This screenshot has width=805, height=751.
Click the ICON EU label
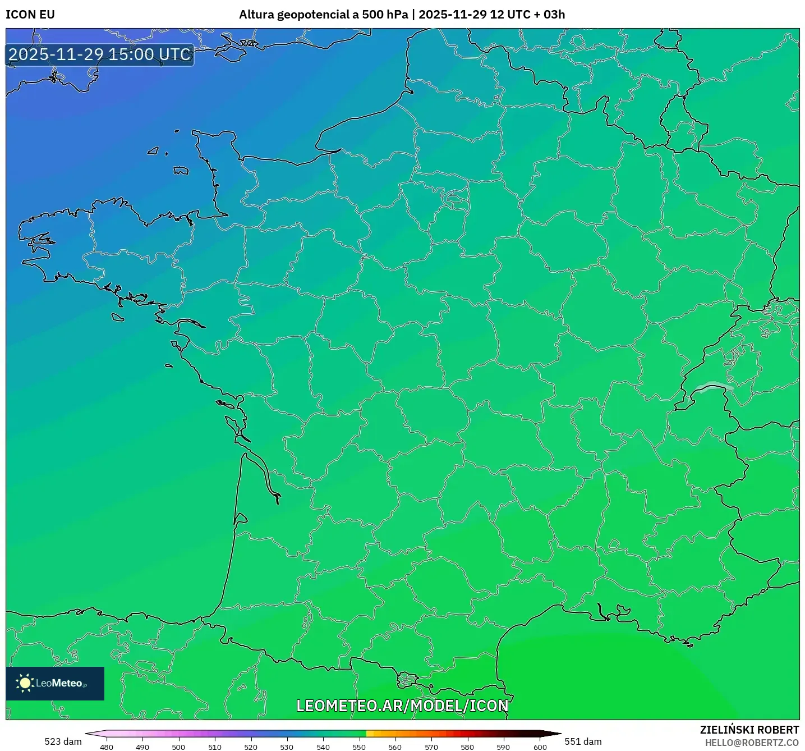click(30, 15)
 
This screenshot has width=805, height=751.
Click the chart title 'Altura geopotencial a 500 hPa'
click(323, 15)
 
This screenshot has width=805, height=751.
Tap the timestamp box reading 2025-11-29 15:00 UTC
click(100, 55)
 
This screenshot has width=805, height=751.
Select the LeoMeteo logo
click(55, 683)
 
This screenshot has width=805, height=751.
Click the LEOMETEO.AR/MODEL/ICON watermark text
click(402, 706)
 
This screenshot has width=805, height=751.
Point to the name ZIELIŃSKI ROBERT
click(749, 730)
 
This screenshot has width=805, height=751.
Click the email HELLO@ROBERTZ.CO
click(752, 743)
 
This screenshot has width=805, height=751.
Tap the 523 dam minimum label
click(63, 741)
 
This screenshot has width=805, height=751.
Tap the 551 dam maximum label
click(583, 741)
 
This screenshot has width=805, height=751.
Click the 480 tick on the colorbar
click(107, 747)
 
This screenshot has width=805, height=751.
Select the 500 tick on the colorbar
click(178, 747)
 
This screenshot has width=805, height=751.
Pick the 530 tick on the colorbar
click(287, 747)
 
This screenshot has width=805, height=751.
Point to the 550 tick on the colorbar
click(359, 747)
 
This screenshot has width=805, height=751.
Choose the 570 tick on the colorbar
click(431, 747)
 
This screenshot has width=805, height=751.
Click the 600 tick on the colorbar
click(540, 747)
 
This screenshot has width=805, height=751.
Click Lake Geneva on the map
click(713, 387)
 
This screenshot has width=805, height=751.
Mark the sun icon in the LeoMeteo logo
click(25, 683)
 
